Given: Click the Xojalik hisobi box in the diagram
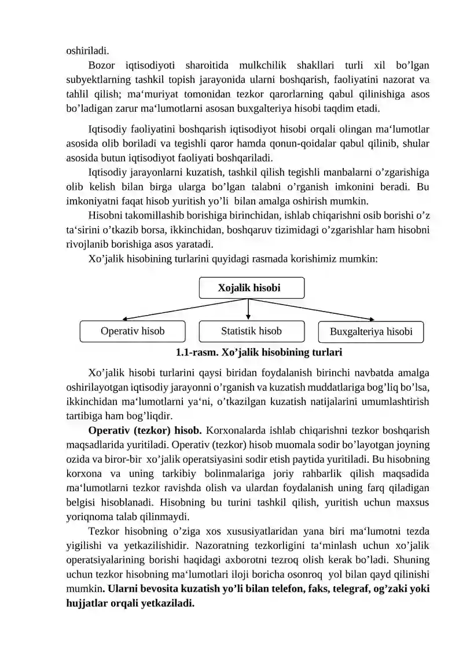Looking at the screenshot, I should (x=249, y=288).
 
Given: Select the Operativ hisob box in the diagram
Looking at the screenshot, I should (x=133, y=331).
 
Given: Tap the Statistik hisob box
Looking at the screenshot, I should (x=251, y=331).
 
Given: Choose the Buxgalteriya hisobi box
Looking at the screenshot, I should (x=371, y=332).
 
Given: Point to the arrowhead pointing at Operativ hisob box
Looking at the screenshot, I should (x=126, y=318).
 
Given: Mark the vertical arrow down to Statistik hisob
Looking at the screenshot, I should (x=248, y=309).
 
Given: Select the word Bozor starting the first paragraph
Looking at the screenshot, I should (x=102, y=65).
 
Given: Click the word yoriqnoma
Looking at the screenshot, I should (x=90, y=517).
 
